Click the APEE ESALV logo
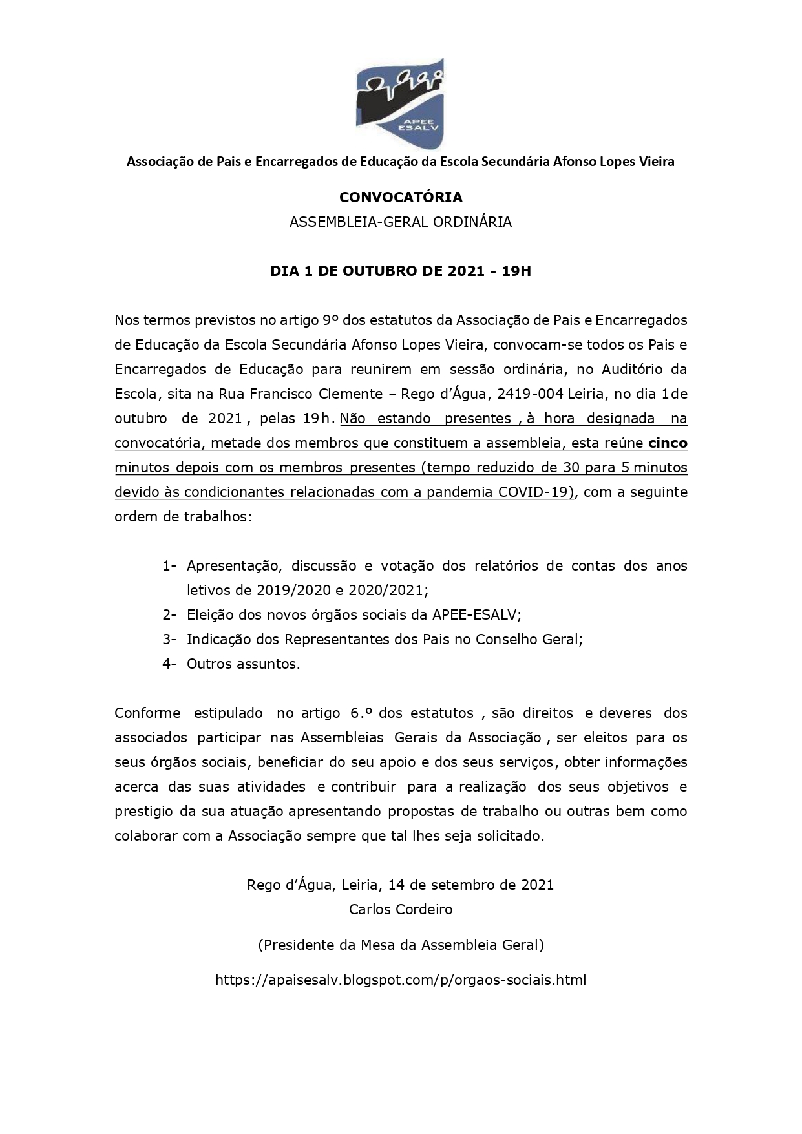401,102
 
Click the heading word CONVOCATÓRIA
401,197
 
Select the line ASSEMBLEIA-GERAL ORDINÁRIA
401,222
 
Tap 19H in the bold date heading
516,271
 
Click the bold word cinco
668,443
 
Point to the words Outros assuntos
243,664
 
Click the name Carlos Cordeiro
401,910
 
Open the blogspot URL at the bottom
401,980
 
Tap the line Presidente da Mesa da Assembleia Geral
401,945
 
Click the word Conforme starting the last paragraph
147,713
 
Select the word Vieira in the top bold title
653,162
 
